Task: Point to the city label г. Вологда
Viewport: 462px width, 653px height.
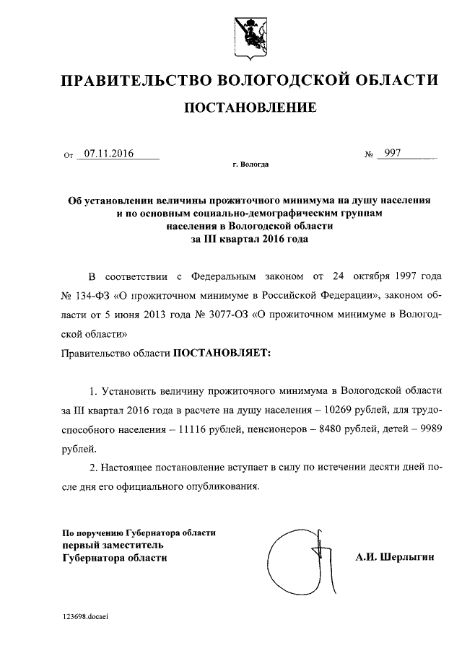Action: pos(250,165)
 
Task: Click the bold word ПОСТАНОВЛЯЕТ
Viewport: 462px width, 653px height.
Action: pos(220,354)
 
